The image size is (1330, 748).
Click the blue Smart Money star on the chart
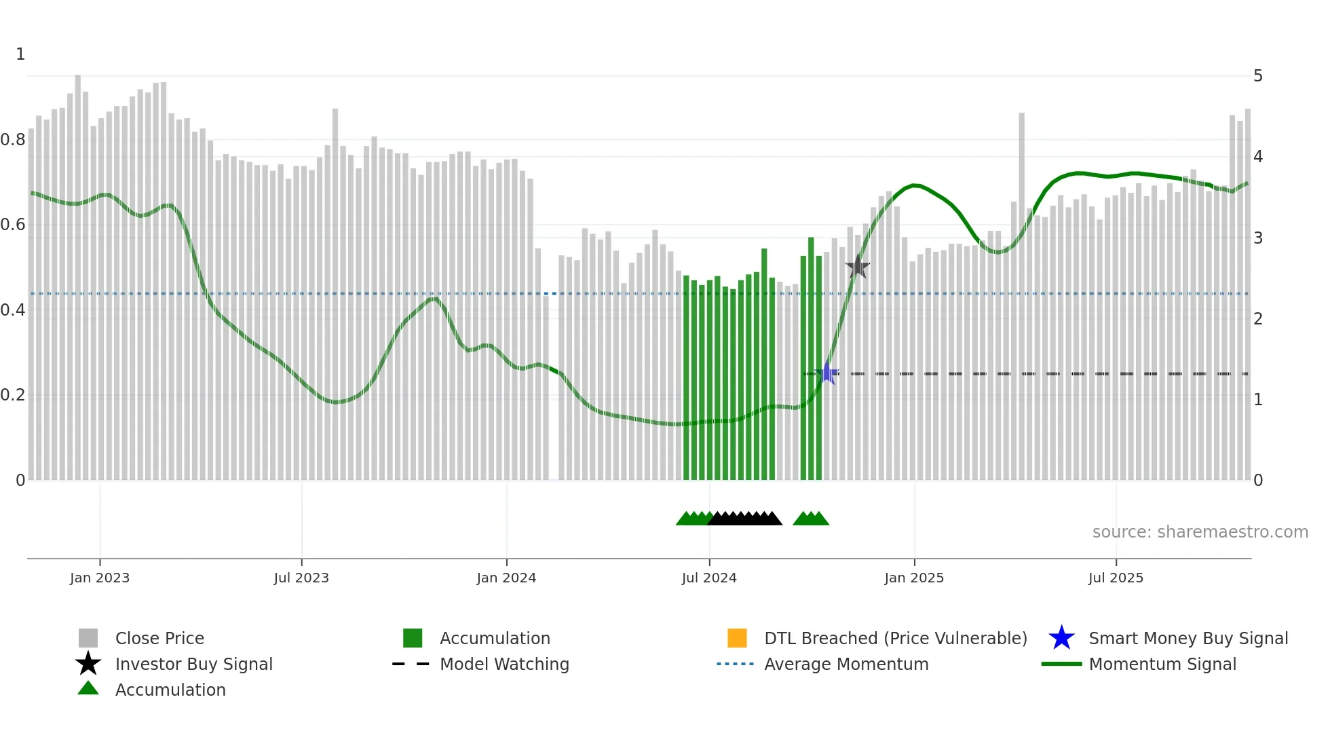[x=827, y=373]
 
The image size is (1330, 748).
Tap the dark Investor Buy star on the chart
[x=858, y=267]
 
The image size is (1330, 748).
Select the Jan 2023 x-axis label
[x=100, y=578]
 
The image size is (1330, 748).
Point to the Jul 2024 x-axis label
[x=709, y=578]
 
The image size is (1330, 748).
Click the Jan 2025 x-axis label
[x=914, y=578]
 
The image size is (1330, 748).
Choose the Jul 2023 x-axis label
[x=301, y=578]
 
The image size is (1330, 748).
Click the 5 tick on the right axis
[x=1258, y=76]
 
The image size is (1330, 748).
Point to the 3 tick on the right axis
[x=1258, y=238]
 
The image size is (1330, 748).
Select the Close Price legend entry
[x=159, y=639]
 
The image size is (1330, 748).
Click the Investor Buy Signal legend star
[x=88, y=664]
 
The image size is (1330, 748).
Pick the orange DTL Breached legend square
[x=737, y=638]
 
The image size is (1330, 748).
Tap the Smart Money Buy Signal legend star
[x=1061, y=638]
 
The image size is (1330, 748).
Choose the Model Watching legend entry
[x=504, y=665]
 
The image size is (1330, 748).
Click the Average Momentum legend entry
[x=846, y=665]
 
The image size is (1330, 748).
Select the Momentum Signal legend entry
[x=1162, y=665]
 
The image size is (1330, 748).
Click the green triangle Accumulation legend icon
[x=88, y=689]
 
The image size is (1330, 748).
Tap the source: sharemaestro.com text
[x=1200, y=532]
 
